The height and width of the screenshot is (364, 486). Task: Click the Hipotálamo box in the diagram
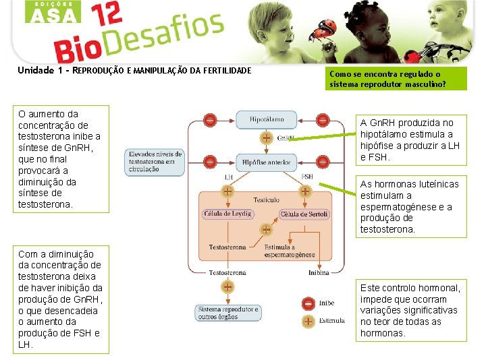point(266,119)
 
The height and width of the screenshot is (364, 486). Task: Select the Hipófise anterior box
point(266,162)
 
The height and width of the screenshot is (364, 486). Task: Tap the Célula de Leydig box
point(227,214)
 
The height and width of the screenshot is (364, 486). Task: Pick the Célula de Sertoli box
point(304,214)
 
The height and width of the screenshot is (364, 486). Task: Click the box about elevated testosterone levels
point(153,161)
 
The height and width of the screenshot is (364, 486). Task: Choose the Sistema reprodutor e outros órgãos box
point(227,313)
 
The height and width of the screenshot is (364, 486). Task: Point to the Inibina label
point(319,273)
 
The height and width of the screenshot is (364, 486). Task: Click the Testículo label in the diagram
point(266,200)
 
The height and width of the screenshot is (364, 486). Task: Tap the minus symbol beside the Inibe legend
point(308,303)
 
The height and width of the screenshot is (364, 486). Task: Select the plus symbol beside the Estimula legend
point(308,321)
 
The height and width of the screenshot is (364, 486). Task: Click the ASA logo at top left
point(52,12)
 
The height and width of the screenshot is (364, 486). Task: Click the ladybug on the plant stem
point(319,28)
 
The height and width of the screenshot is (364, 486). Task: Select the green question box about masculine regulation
point(396,79)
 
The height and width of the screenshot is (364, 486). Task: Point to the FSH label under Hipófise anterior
point(307,177)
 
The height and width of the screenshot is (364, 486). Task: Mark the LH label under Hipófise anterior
point(228,177)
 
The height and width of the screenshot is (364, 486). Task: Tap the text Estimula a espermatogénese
point(289,251)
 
